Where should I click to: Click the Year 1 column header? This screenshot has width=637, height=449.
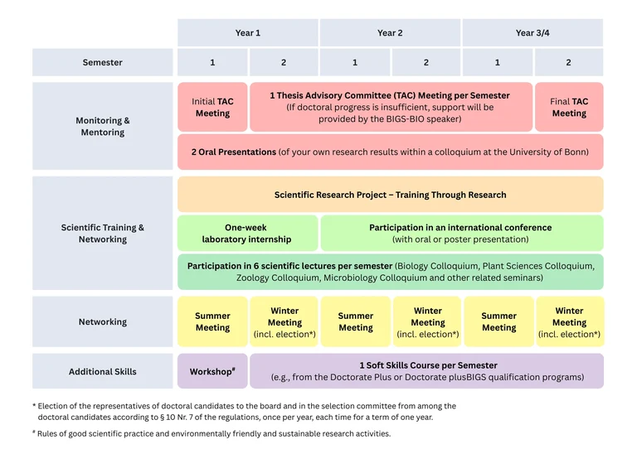tap(248, 32)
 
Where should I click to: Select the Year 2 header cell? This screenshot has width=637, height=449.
tap(390, 32)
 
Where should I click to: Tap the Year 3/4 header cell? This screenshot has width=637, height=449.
tap(532, 32)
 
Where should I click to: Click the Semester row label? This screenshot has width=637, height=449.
tap(102, 62)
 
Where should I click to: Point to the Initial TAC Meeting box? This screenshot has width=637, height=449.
tap(212, 107)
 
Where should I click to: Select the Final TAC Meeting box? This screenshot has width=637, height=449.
tap(569, 107)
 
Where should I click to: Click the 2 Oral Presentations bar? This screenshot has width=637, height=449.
tap(391, 152)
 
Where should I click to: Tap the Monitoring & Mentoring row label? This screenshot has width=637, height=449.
tap(102, 126)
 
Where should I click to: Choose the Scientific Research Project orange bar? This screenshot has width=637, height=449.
tap(391, 195)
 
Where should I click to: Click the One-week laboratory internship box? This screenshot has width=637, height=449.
tap(247, 234)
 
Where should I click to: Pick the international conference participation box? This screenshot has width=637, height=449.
tap(462, 234)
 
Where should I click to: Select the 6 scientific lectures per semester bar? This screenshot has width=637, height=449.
tap(391, 272)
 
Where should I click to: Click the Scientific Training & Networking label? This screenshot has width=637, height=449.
tap(102, 234)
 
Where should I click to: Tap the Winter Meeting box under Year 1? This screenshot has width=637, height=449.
tap(284, 321)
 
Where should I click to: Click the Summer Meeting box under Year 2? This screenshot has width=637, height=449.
tap(356, 321)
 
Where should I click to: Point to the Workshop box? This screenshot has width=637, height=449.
tap(212, 371)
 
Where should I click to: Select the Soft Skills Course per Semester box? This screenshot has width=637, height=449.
tap(426, 371)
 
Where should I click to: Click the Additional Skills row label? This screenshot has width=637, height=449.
tap(102, 371)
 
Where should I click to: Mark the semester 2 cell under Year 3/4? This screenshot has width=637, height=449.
tap(569, 62)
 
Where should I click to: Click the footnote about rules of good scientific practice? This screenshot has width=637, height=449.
tap(212, 433)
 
